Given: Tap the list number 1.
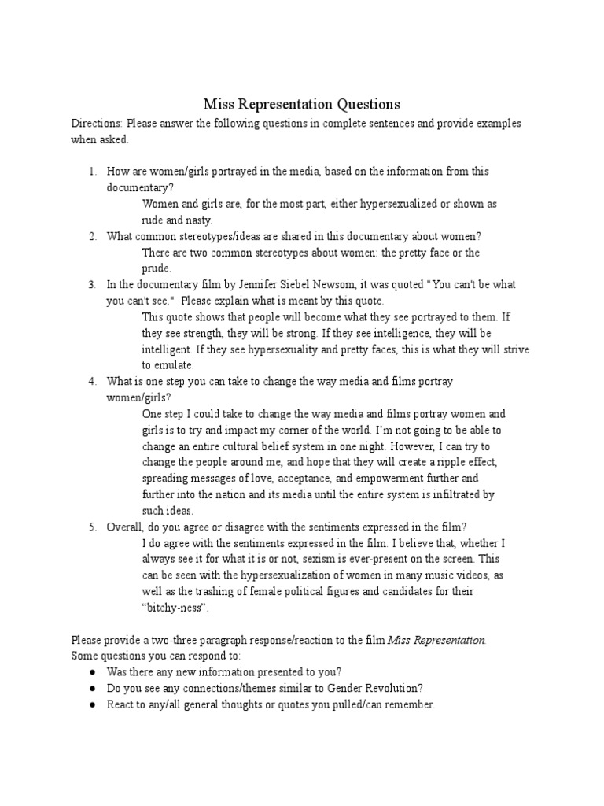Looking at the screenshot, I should pyautogui.click(x=91, y=171).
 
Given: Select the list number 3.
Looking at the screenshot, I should pyautogui.click(x=91, y=284).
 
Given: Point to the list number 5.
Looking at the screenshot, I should pyautogui.click(x=91, y=527).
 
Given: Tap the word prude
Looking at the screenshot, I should pyautogui.click(x=156, y=268).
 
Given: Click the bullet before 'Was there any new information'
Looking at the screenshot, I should pyautogui.click(x=92, y=672).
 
